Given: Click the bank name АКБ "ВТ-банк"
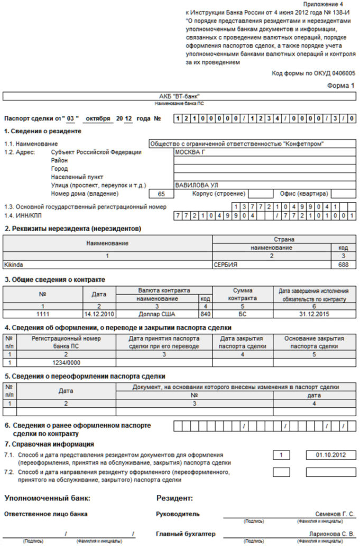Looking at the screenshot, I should (180, 96).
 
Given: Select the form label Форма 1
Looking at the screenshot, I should (341, 85).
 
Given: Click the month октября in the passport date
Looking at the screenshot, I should (98, 118).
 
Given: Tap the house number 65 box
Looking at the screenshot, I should (162, 194).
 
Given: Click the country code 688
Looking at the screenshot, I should (343, 264).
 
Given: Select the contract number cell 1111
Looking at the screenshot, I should (42, 314).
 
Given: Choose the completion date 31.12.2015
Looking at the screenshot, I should (314, 314).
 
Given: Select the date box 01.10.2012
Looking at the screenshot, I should (330, 455).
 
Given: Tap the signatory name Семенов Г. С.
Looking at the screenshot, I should (335, 514).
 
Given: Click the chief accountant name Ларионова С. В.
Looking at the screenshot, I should (332, 534).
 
